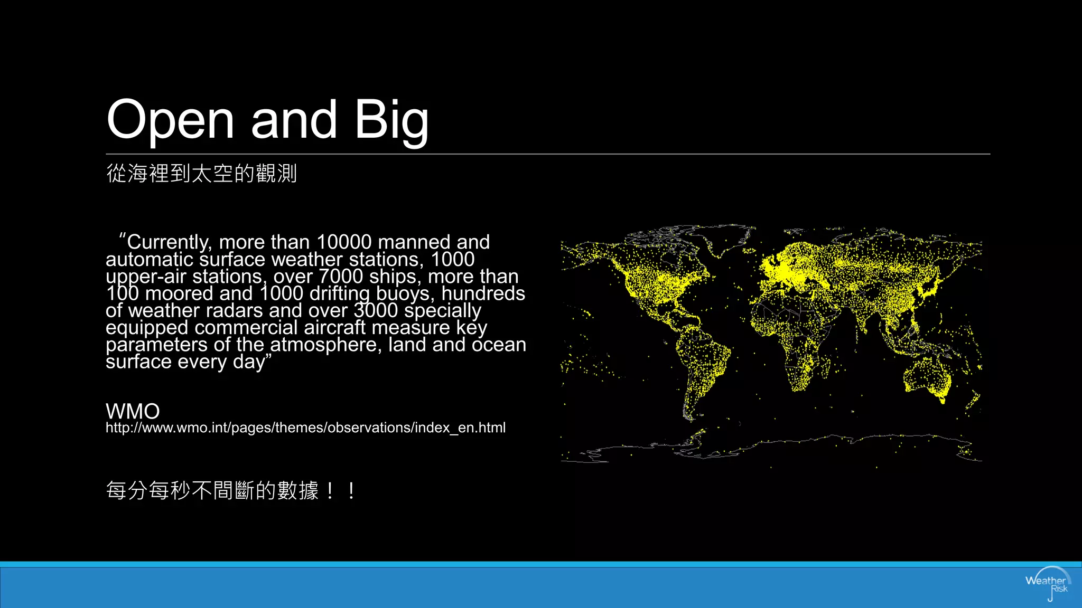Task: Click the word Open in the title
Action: pos(170,120)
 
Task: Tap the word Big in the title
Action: pos(391,120)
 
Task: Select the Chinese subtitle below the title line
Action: pos(201,173)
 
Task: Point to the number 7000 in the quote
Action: pos(341,277)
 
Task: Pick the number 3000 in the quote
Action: pos(376,310)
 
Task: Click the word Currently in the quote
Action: pos(169,242)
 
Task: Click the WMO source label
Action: pos(133,411)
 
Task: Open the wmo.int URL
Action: pos(305,427)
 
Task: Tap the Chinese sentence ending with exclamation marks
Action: pos(230,490)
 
